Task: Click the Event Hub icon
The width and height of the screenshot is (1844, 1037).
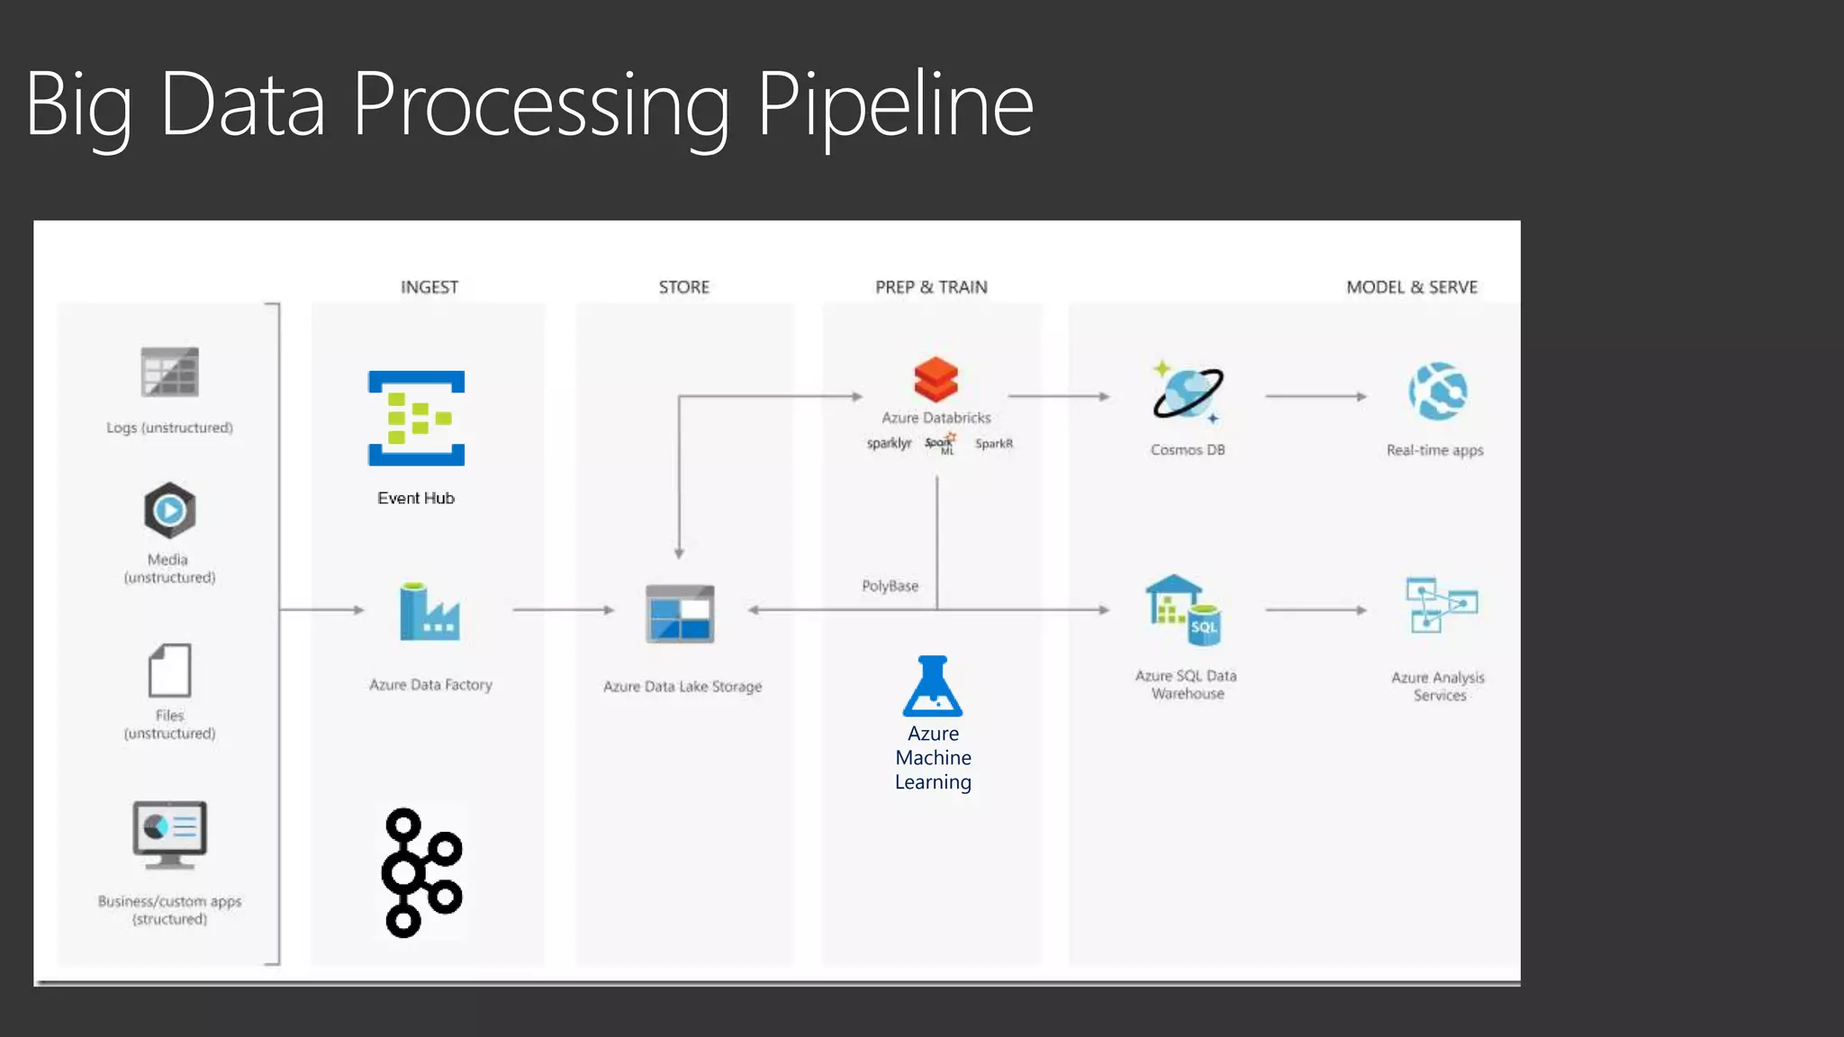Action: (416, 418)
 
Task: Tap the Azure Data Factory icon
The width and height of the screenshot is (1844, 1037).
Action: (429, 613)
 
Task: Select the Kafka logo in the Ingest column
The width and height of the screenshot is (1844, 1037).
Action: (421, 872)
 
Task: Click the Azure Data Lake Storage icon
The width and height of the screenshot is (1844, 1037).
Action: (680, 614)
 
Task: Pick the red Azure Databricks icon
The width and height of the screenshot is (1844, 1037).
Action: (936, 379)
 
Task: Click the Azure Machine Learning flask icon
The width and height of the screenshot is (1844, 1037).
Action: (933, 686)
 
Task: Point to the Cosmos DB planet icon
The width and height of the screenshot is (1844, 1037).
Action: (1188, 393)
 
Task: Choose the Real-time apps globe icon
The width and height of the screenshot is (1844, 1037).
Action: (1438, 392)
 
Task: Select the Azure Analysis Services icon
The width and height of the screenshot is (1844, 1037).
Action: (1441, 605)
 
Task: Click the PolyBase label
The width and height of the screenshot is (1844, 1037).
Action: (890, 586)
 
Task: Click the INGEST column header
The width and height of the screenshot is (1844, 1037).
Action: (429, 287)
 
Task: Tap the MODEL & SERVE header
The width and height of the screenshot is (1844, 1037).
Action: (1411, 287)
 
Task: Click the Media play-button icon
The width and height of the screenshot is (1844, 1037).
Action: (169, 510)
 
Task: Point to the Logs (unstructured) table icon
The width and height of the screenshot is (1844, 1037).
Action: (169, 372)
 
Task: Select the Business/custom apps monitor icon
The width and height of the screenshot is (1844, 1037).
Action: (169, 834)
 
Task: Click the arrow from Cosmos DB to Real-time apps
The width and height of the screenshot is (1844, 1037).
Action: (1315, 396)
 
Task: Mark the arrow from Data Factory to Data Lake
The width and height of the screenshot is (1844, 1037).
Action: (563, 610)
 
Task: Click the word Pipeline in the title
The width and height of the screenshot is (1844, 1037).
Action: (895, 106)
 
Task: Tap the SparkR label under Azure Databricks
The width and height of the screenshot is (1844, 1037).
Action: (993, 444)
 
